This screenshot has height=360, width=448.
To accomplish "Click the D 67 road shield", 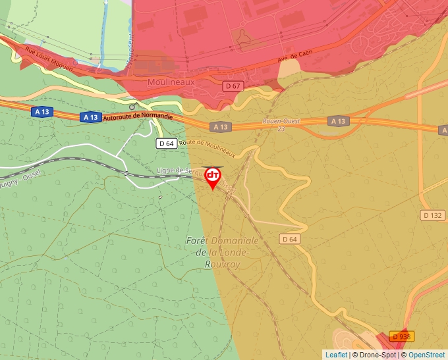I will [233, 86].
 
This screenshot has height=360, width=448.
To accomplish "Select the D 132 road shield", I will [432, 215].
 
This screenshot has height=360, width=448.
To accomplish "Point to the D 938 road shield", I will [401, 336].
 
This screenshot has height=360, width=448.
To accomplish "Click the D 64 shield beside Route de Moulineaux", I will [166, 143].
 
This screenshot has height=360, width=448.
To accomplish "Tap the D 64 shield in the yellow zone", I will [290, 239].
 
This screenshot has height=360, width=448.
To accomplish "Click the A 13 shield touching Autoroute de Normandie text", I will [90, 117].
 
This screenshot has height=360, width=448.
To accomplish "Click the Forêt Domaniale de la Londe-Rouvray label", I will [222, 252].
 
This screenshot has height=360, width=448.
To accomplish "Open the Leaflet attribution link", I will [336, 355].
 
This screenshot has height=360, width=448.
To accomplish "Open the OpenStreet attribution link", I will [426, 355].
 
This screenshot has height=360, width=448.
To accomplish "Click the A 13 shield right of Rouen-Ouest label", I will [338, 121].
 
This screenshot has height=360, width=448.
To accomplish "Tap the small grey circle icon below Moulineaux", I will [132, 106].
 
